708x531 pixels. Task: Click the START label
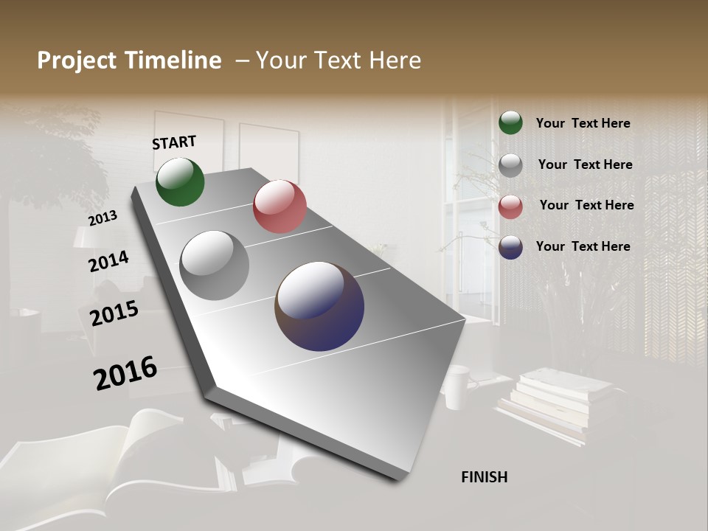pos(174,142)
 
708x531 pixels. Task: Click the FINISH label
pos(484,477)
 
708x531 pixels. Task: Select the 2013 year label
pos(103,218)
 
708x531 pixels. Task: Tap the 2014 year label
pos(108,262)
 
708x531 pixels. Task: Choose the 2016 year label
pos(125,373)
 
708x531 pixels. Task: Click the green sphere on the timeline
pos(180,181)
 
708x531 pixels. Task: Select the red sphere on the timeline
pos(280,206)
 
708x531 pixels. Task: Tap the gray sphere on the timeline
pos(215,265)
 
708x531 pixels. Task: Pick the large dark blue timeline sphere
pos(319,306)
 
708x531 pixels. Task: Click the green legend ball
pos(510,122)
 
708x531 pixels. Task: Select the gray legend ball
pos(510,164)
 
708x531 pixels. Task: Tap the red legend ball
pos(510,206)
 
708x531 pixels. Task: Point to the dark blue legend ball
pos(510,247)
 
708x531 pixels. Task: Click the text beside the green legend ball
pos(583,123)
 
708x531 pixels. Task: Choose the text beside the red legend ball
pos(586,205)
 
